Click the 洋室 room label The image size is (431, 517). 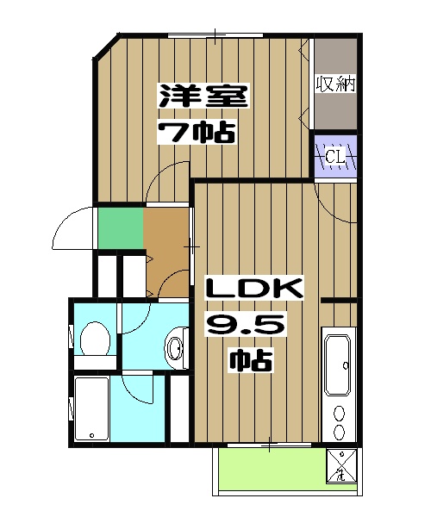coord(203,96)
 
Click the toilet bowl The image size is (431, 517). coord(92,339)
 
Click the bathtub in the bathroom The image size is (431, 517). coord(90,408)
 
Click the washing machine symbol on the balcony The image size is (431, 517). coord(342,465)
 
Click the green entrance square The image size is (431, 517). coord(119,226)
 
